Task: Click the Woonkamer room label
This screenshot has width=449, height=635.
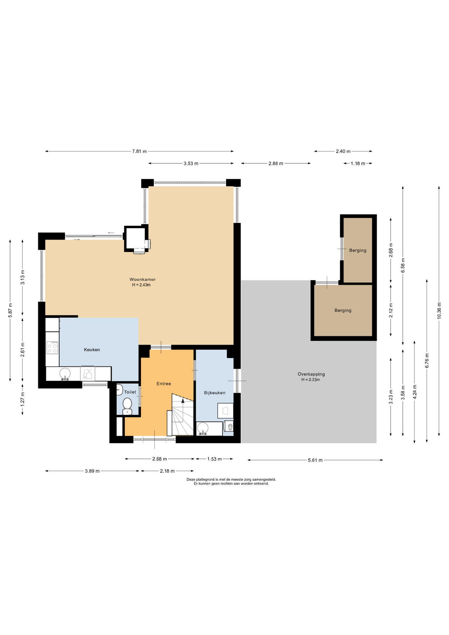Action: point(143,279)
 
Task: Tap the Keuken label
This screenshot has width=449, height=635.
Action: point(92,350)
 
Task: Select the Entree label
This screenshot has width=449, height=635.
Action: point(164,384)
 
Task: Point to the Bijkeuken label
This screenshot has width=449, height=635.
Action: point(215,393)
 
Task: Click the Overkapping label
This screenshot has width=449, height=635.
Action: point(311,374)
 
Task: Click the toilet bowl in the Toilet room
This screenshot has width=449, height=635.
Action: point(127,405)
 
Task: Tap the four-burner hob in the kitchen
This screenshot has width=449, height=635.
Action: point(52,348)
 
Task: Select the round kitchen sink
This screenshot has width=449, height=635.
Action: point(65,374)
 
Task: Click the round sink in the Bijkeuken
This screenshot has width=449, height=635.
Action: point(202,429)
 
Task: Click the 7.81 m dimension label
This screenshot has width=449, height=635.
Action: point(139,151)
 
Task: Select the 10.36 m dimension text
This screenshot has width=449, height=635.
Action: point(439,311)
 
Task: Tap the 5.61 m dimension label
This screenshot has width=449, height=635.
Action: point(315,460)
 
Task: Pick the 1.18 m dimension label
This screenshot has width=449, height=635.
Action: point(358,163)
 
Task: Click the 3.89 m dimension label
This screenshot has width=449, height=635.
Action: point(92,471)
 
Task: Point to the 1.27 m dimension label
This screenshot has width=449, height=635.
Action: point(22,399)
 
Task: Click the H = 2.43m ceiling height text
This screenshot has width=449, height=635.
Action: point(141,285)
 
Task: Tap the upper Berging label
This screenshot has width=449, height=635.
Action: point(358,250)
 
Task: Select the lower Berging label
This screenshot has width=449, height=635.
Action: point(343,311)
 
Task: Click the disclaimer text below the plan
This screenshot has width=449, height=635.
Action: point(231,481)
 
